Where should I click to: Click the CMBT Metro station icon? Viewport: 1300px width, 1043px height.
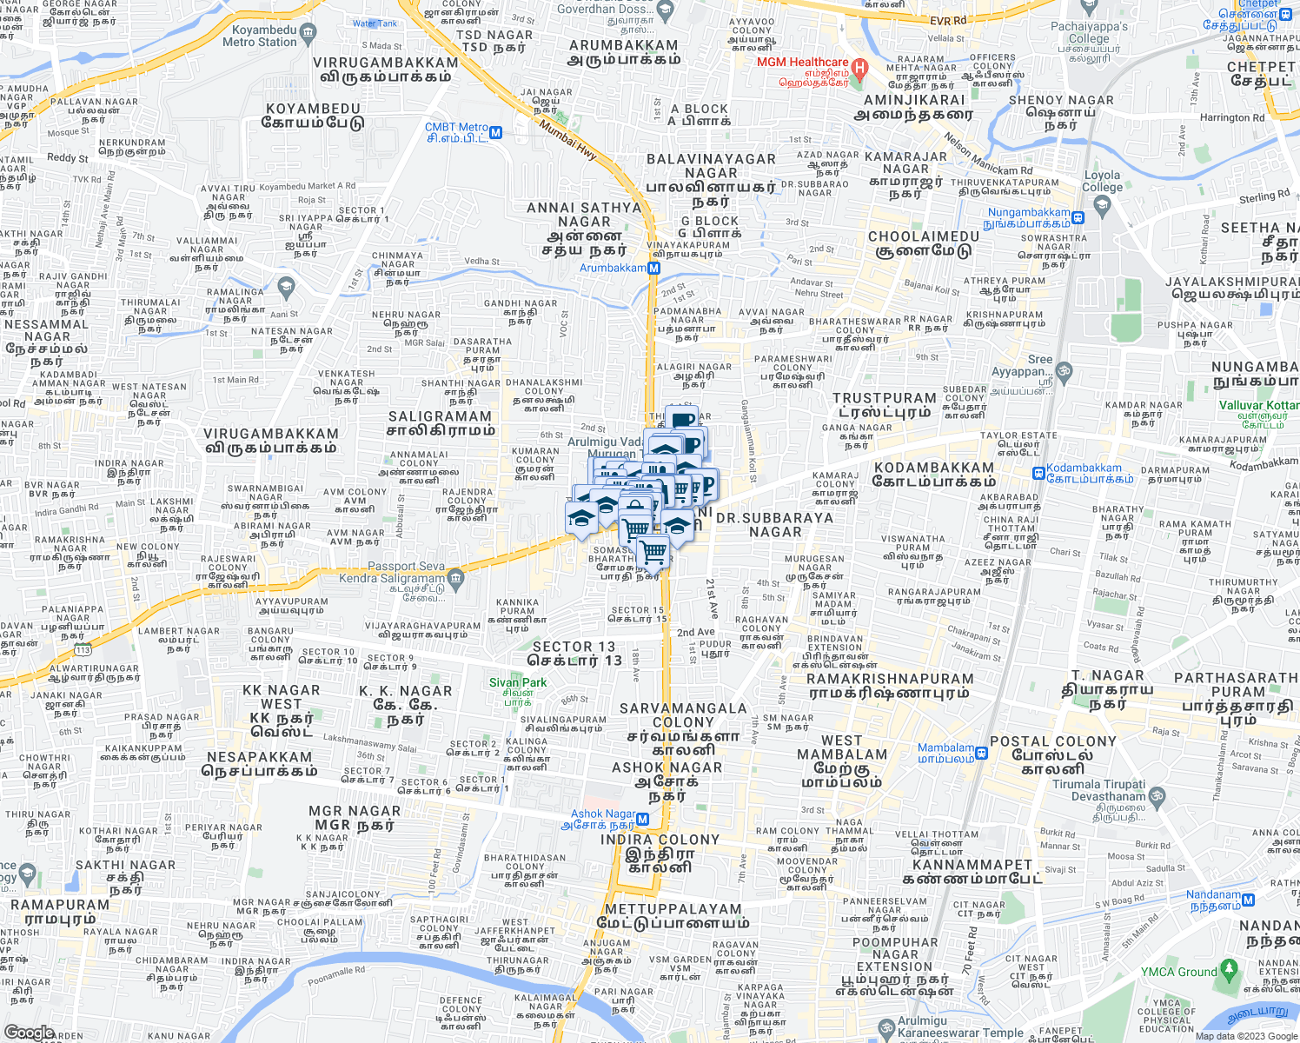496,133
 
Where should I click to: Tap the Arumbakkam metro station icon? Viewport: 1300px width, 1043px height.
654,269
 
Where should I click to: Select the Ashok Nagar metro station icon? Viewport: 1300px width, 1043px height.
643,819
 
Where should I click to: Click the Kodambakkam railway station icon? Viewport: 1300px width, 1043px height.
1038,473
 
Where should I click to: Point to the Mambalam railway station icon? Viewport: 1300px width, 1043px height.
982,753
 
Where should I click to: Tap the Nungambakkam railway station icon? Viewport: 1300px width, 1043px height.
1078,218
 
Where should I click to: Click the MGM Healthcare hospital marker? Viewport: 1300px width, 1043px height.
860,68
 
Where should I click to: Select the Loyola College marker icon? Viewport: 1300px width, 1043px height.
1103,205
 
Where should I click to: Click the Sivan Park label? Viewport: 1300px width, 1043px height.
518,682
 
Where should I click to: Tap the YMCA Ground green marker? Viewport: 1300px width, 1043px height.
1228,967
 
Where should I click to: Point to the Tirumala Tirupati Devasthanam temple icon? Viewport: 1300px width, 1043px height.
1157,795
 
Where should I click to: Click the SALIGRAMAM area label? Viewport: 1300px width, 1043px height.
441,417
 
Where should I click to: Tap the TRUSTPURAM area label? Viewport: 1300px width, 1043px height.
885,398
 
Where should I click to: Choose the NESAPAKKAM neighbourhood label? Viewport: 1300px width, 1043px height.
260,757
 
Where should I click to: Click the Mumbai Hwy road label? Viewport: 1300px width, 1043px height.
568,139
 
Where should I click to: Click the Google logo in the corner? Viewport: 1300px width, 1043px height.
29,1033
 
